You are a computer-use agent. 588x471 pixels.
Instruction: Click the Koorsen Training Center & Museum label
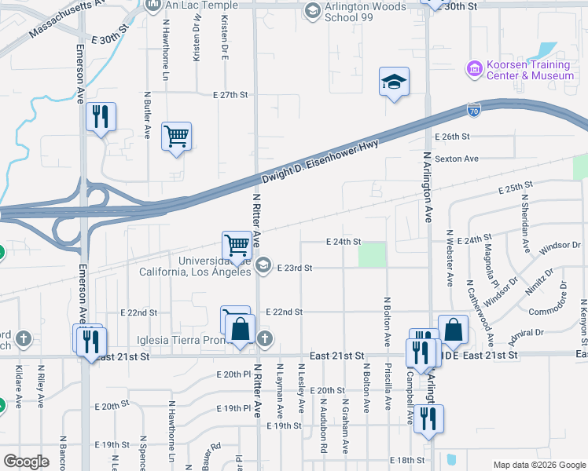[x=531, y=70]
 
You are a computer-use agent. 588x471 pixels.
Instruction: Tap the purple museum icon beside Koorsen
[x=474, y=70]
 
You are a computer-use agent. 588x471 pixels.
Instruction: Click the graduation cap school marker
[x=394, y=82]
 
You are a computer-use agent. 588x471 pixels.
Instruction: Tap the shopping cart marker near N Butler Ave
[x=177, y=137]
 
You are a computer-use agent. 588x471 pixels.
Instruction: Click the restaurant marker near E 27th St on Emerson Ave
[x=101, y=118]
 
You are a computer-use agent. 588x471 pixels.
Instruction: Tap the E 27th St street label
[x=230, y=94]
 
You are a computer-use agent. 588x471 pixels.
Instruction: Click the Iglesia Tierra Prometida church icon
[x=265, y=339]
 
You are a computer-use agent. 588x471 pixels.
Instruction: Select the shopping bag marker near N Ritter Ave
[x=241, y=330]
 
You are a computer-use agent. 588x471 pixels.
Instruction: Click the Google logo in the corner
[x=27, y=462]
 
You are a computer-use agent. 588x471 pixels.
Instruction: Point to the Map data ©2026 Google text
[x=539, y=465]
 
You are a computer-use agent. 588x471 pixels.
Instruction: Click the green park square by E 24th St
[x=372, y=254]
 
